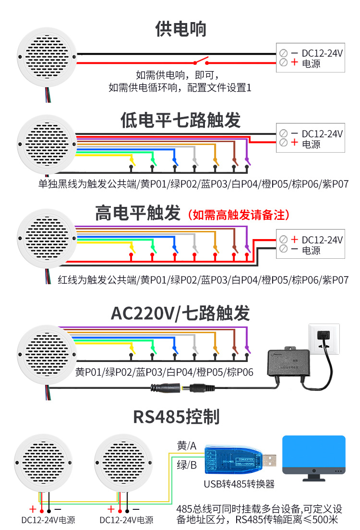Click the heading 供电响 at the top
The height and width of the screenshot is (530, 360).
180,29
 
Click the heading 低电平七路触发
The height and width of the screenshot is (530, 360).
180,120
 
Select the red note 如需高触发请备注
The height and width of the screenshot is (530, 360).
239,215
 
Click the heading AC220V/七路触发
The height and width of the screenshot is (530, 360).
180,313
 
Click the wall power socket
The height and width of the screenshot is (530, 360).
324,339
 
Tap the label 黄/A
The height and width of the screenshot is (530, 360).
187,446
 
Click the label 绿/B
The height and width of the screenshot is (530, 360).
187,464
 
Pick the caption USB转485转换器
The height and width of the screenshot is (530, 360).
239,484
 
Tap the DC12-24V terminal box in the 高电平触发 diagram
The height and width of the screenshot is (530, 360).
310,244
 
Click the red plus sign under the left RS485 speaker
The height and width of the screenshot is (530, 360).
33,509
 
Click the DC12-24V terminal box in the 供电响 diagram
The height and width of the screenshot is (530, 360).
310,58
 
